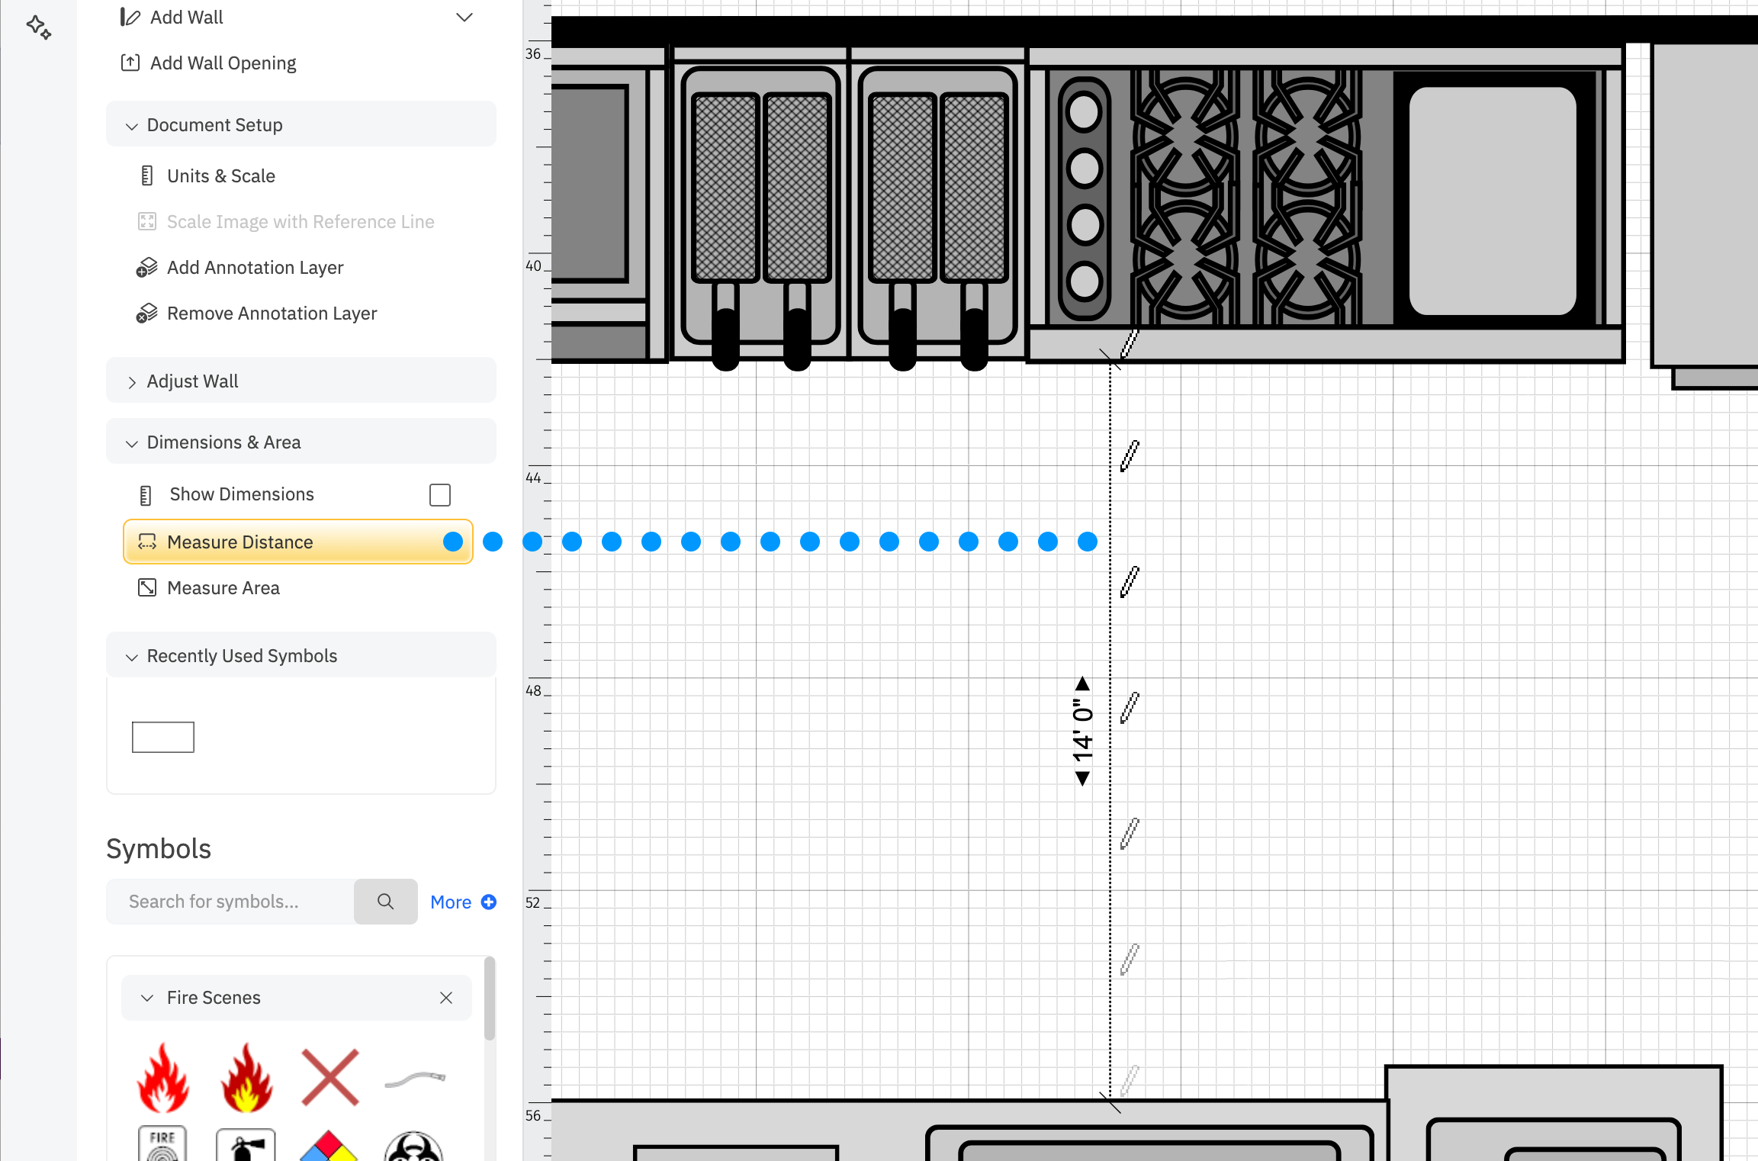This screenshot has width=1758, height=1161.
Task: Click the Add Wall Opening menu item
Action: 223,63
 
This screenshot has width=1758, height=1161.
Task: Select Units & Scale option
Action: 220,176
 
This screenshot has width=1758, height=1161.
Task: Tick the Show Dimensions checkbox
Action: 440,495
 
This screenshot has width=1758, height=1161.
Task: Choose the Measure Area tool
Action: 223,588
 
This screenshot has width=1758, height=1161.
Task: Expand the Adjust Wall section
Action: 192,381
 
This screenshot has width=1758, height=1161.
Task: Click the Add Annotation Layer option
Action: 255,268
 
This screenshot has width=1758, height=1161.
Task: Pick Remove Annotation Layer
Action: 272,314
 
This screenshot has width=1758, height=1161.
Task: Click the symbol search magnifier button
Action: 386,902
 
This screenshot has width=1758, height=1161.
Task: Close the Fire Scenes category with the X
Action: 446,998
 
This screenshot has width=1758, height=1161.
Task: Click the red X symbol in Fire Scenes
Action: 329,1077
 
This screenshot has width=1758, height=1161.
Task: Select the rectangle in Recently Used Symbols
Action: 163,737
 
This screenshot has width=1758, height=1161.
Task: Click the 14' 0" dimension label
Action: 1083,731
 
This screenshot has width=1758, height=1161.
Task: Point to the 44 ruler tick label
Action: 533,478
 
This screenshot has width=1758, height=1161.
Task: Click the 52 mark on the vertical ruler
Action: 532,903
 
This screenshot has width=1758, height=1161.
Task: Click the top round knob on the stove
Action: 1084,113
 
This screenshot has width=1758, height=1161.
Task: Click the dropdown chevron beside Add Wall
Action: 464,18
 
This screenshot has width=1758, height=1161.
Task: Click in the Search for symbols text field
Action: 230,902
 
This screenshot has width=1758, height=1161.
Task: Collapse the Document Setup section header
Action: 214,125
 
